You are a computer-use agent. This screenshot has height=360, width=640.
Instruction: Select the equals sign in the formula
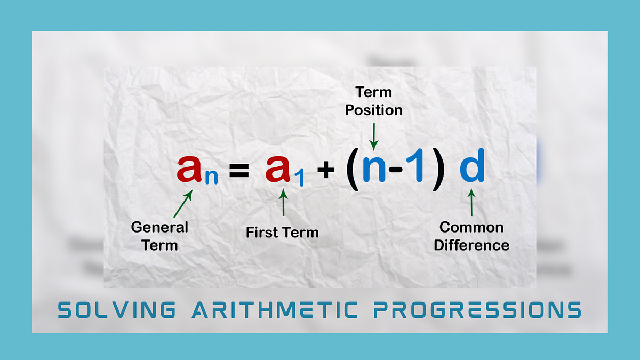click(239, 171)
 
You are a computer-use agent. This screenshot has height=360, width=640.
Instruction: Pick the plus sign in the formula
click(325, 171)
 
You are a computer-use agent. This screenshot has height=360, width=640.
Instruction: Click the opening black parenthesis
click(353, 171)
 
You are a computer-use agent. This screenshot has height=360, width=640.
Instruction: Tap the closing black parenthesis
click(437, 171)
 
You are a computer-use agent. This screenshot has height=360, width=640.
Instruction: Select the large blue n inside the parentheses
click(375, 170)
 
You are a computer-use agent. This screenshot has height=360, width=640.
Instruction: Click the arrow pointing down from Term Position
click(374, 136)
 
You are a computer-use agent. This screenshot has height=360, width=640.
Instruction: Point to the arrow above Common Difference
click(471, 204)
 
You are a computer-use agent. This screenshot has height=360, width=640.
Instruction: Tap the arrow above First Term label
click(283, 204)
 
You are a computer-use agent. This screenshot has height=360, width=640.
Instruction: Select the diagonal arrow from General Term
click(182, 205)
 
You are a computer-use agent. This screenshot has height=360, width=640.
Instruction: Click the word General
click(159, 227)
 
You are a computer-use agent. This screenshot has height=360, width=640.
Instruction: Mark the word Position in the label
click(373, 110)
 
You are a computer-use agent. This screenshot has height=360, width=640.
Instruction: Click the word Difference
click(471, 245)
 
